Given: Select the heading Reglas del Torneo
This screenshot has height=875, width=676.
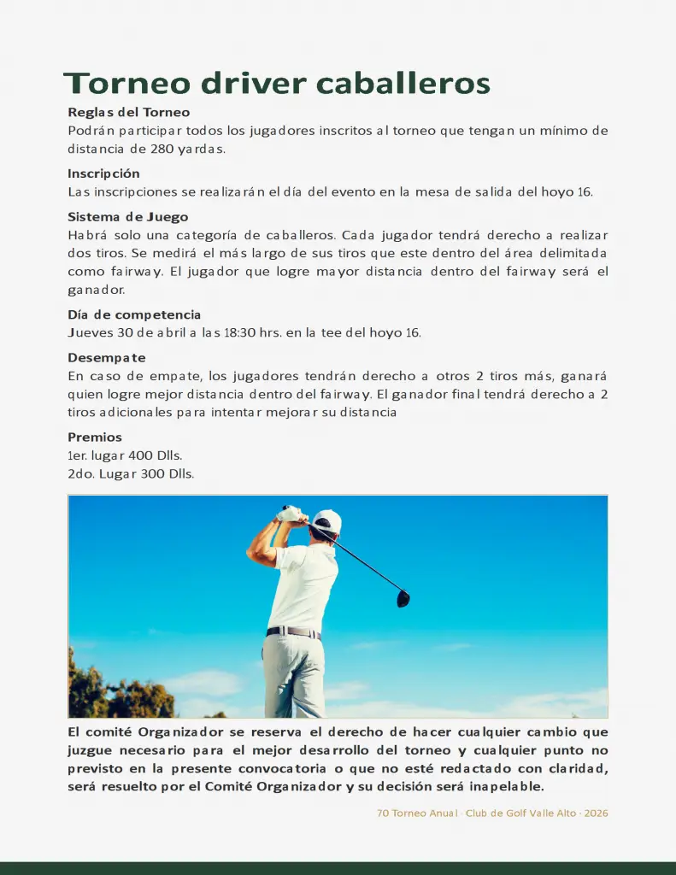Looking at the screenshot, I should [x=129, y=112].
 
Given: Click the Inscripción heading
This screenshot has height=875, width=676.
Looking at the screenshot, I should [x=103, y=173].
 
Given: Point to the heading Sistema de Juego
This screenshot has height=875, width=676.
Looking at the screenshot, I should [x=128, y=217].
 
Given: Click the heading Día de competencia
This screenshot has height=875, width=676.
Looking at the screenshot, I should [x=134, y=314].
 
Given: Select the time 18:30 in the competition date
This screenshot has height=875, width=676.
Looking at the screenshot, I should [x=239, y=332].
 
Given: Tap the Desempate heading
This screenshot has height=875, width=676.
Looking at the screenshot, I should [x=107, y=357].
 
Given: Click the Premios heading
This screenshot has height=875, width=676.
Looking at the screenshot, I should [x=95, y=437].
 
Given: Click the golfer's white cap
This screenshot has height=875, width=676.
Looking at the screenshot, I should [x=326, y=521].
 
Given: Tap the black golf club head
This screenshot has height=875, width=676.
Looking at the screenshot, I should [x=403, y=599].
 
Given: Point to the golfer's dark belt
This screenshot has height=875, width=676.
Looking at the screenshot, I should [x=293, y=633].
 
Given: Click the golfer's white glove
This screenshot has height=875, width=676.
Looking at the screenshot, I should [x=291, y=514].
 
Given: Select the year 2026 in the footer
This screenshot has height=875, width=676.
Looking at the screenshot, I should [x=597, y=813].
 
